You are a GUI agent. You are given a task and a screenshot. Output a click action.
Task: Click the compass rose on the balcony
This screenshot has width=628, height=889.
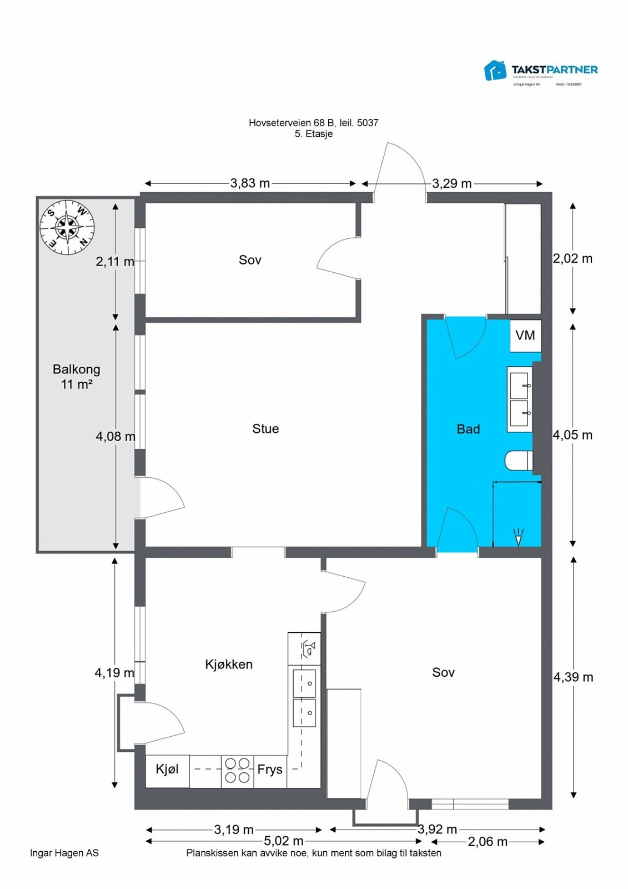click(x=67, y=227)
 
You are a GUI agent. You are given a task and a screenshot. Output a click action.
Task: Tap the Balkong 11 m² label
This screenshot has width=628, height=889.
click(x=77, y=376)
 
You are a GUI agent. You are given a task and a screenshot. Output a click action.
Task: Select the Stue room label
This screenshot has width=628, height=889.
click(x=265, y=428)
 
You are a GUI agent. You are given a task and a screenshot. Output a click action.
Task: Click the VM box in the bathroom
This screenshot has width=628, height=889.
click(x=525, y=336)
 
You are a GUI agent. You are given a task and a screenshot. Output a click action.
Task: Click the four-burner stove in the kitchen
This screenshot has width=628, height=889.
click(x=237, y=771)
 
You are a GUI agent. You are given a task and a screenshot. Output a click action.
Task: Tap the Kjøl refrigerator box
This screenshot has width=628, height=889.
click(x=167, y=770)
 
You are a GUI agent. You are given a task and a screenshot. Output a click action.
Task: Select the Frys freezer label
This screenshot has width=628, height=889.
click(x=270, y=770)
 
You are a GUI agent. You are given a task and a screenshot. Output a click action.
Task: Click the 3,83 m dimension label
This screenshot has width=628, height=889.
click(x=250, y=183)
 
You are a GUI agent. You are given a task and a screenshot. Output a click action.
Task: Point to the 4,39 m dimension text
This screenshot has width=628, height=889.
click(x=573, y=677)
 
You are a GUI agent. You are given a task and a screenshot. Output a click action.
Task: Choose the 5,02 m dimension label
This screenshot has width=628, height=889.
click(x=283, y=841)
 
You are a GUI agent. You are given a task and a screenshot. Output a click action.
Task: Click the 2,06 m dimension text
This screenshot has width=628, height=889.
click(x=488, y=842)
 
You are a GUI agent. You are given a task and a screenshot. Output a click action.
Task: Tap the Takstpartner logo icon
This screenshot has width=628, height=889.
click(x=495, y=71)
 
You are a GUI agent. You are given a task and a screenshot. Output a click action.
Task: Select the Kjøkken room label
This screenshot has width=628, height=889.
click(x=229, y=664)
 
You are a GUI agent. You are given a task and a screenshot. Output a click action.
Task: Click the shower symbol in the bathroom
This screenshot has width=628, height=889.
click(x=518, y=536)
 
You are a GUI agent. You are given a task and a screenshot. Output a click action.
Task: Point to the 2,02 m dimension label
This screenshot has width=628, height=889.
click(x=572, y=258)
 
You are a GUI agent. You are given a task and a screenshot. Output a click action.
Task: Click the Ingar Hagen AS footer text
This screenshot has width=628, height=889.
click(x=64, y=853)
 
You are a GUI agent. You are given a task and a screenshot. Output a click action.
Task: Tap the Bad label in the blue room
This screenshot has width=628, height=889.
click(x=468, y=429)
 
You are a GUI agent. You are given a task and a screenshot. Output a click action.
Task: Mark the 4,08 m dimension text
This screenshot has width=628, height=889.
click(x=115, y=437)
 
